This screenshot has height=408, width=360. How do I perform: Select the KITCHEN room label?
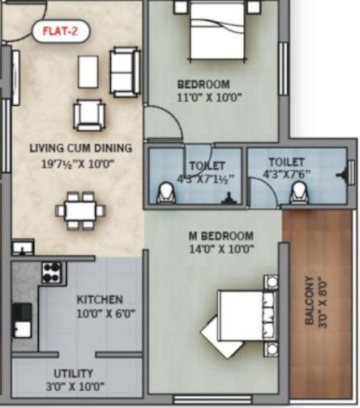pos(99,299)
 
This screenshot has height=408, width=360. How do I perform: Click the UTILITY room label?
pos(73,373)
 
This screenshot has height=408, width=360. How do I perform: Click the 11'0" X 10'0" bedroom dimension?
pos(204,97)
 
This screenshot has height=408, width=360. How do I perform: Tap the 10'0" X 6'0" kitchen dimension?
pos(106,313)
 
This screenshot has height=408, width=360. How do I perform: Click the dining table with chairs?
pos(80,209)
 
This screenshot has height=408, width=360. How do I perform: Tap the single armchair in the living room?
pos(88,113)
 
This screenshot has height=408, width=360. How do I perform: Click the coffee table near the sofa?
pos(88,71)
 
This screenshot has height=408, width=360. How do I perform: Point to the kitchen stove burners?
pos(50,271)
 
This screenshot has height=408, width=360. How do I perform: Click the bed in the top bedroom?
pos(216,31)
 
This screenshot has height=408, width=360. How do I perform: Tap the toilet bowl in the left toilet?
pos(166,192)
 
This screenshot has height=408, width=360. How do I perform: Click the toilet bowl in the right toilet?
pos(298,192)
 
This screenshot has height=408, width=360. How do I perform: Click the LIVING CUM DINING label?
pos(81,149)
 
